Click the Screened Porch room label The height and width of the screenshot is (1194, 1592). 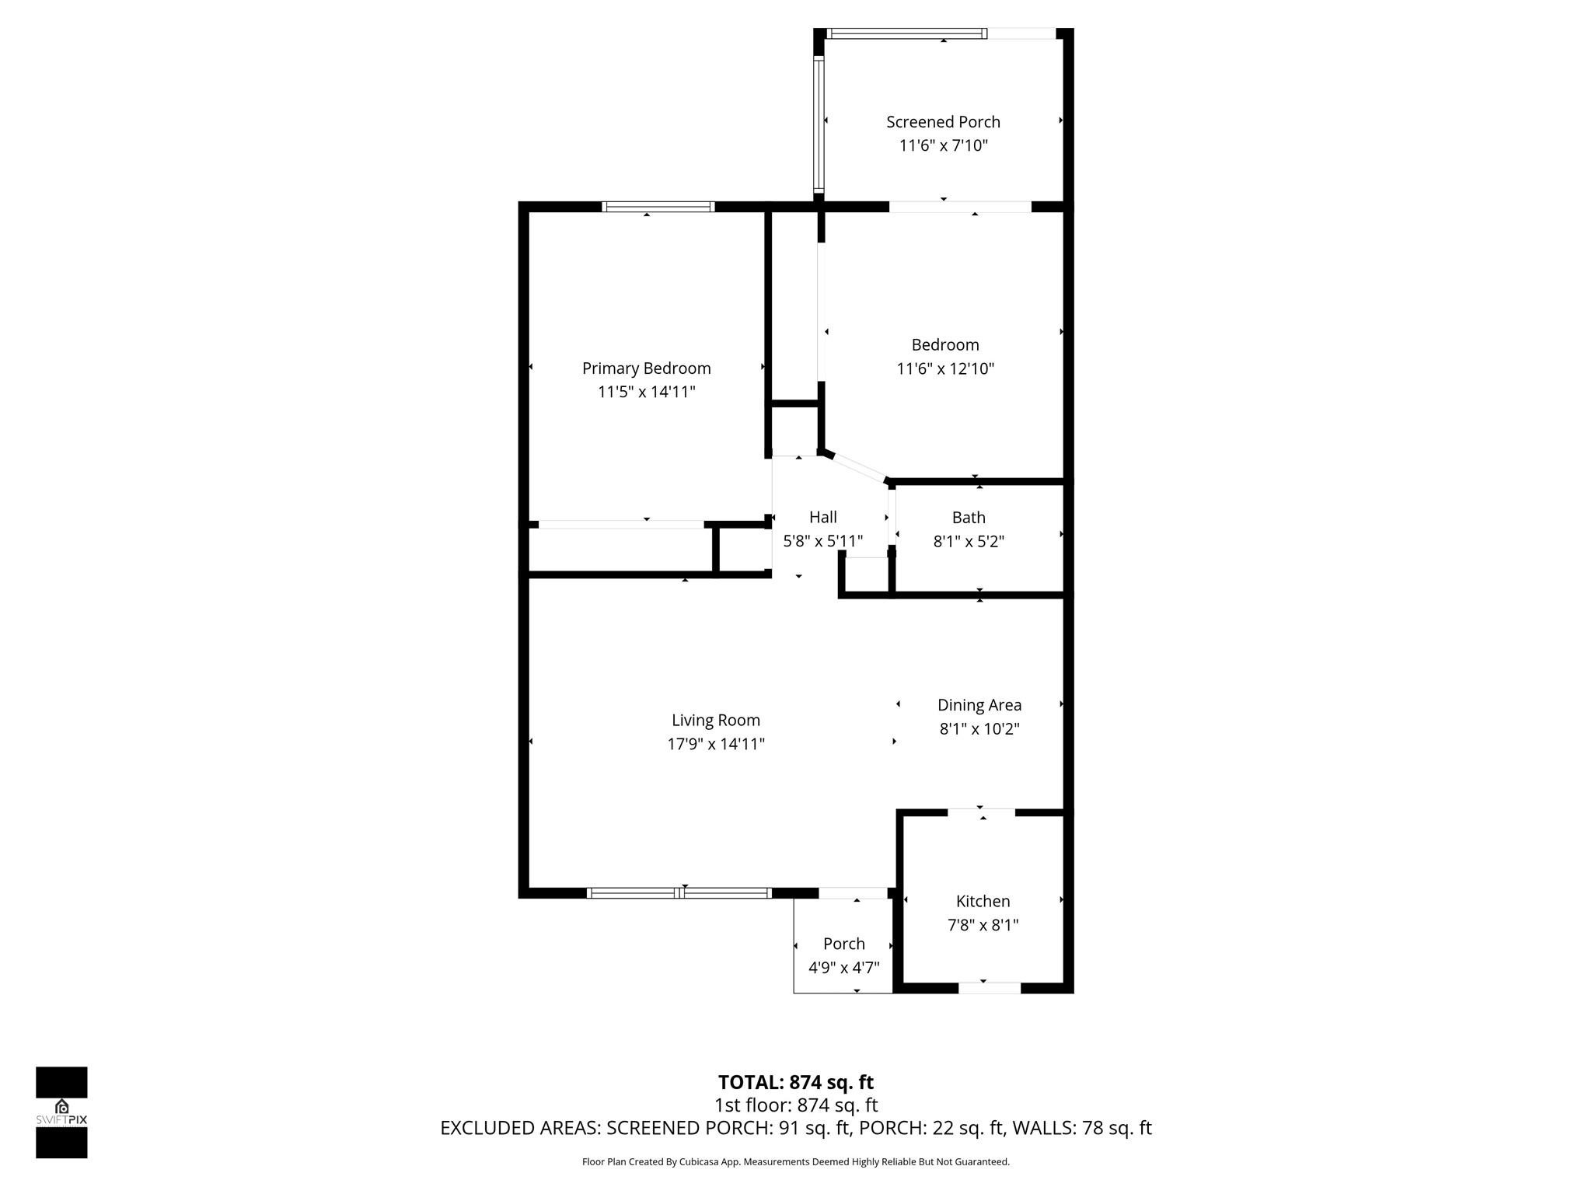(943, 122)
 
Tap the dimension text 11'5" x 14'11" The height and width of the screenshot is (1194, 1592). (646, 392)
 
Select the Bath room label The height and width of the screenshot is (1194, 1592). (969, 518)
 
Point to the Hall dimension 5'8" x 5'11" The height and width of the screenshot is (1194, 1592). (822, 541)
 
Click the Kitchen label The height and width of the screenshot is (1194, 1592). (983, 901)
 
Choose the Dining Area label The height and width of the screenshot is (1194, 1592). (979, 705)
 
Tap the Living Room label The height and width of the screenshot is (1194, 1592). (715, 721)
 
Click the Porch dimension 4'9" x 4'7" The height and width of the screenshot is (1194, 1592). (843, 968)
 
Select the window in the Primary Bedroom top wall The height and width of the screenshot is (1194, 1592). (658, 207)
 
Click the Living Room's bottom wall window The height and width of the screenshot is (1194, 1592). (679, 893)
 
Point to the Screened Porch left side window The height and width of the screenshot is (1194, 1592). (819, 124)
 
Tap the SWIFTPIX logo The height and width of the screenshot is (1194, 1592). (61, 1112)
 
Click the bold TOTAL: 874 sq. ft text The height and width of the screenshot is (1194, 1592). (795, 1082)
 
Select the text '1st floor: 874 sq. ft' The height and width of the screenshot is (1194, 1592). (795, 1105)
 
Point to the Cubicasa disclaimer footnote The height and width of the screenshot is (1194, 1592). (795, 1162)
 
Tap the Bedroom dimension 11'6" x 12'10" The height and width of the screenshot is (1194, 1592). (945, 368)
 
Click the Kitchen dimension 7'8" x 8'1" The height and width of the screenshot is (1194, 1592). (983, 925)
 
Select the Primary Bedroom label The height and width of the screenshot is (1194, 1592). (646, 368)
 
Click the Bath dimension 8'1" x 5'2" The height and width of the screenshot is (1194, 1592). (969, 542)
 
